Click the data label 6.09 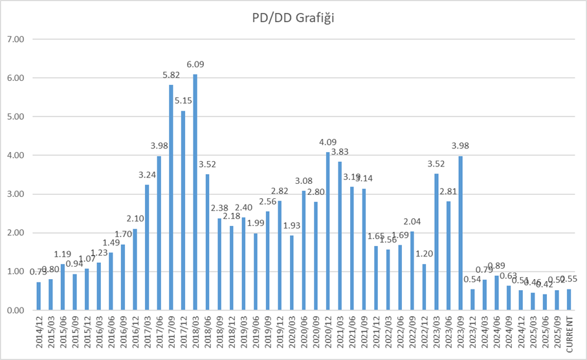pos(195,65)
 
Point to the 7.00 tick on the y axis pos(14,39)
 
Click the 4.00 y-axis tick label pos(14,155)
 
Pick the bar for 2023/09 pos(461,233)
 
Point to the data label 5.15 pos(183,101)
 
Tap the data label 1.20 pos(425,254)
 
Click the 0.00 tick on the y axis pos(14,311)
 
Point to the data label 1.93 pos(292,226)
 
